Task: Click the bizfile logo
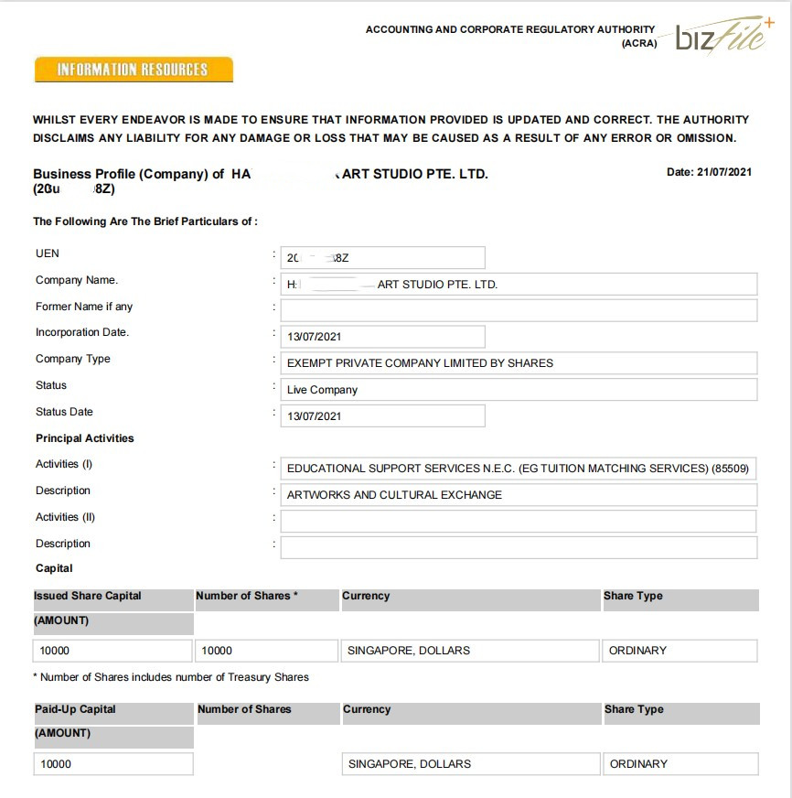(722, 38)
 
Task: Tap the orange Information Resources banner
(134, 70)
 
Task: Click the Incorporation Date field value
(381, 337)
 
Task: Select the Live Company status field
(519, 390)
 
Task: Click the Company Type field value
(519, 363)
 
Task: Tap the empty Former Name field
(519, 310)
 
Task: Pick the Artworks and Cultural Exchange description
(519, 495)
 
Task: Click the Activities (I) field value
(519, 469)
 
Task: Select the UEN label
(48, 253)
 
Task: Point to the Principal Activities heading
(85, 438)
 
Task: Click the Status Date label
(64, 412)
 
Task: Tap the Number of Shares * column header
(247, 596)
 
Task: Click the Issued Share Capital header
(88, 596)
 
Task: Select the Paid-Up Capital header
(75, 709)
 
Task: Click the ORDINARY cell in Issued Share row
(680, 651)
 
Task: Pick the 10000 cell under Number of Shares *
(266, 651)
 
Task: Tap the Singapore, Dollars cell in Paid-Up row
(469, 764)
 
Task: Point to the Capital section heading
(54, 568)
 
